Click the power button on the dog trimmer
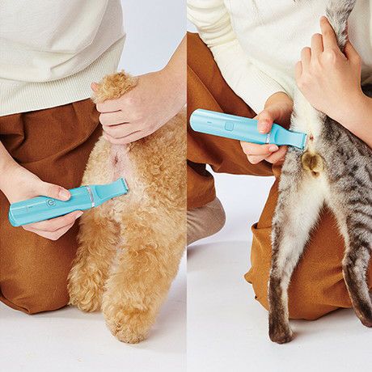click(x=51, y=203)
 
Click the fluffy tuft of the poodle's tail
click(x=113, y=85)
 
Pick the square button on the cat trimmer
click(x=229, y=126)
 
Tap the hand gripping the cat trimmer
click(x=267, y=129)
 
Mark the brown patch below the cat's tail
click(x=311, y=163)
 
